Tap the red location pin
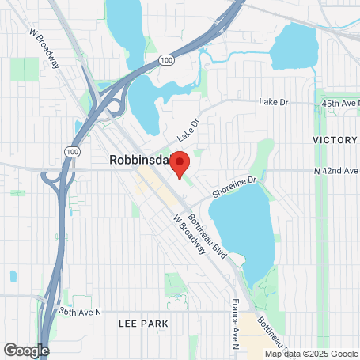point(180,165)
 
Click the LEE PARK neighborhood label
point(142,324)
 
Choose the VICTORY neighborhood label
point(335,140)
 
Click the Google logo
point(26,349)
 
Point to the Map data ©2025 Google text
point(311,354)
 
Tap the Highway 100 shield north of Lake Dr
point(165,59)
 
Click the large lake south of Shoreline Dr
point(241,229)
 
